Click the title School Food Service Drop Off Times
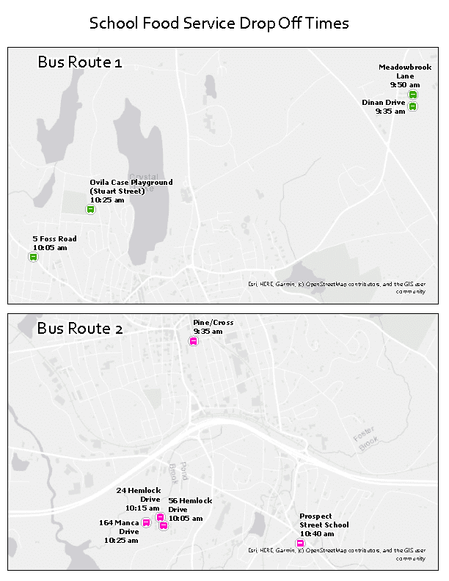pyautogui.click(x=219, y=23)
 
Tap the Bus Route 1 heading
pyautogui.click(x=79, y=62)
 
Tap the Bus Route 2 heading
pyautogui.click(x=80, y=328)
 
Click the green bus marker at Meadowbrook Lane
pyautogui.click(x=413, y=95)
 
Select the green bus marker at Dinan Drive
pyautogui.click(x=413, y=106)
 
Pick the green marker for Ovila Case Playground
pyautogui.click(x=91, y=210)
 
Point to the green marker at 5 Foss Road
pyautogui.click(x=33, y=257)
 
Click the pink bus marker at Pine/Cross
pyautogui.click(x=194, y=341)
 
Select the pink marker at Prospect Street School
pyautogui.click(x=300, y=543)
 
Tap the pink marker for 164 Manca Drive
pyautogui.click(x=146, y=523)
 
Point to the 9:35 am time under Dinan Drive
pyautogui.click(x=390, y=112)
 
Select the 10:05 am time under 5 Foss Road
pyautogui.click(x=49, y=248)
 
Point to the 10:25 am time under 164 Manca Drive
pyautogui.click(x=120, y=540)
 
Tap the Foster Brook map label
pyautogui.click(x=365, y=443)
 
